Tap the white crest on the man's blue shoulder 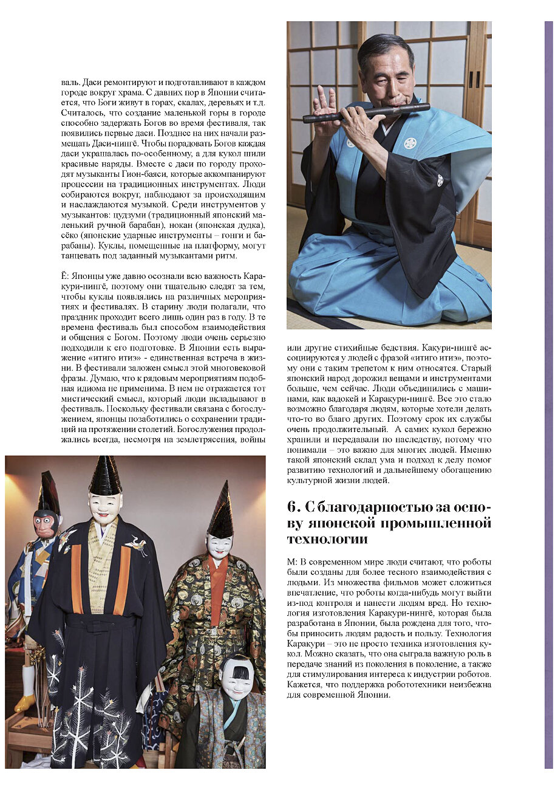coord(410,143)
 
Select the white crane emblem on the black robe coord(137,545)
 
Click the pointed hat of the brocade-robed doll coord(220,511)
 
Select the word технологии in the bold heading coord(327,538)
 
